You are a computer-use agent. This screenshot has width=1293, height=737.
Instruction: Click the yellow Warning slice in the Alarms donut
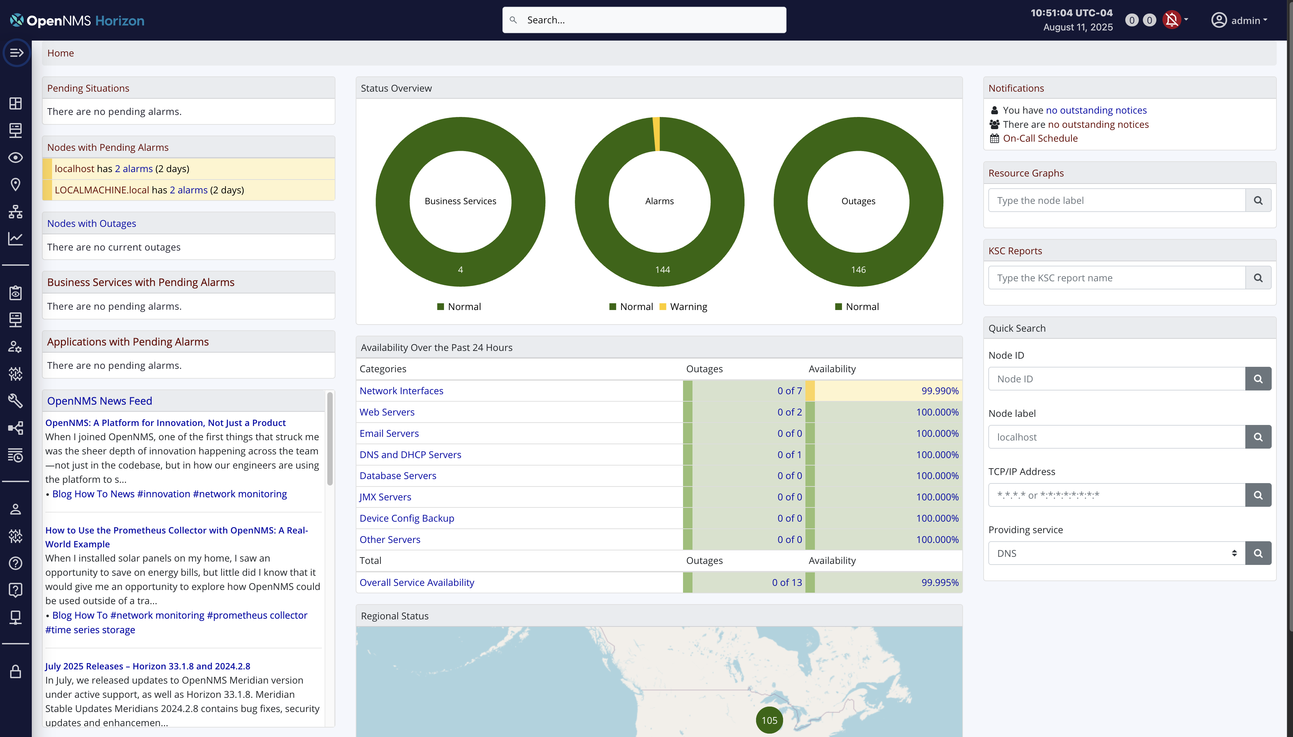click(657, 134)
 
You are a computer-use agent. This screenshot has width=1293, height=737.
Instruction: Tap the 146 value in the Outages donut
click(858, 270)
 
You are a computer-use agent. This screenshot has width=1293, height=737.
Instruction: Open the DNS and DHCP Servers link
click(410, 455)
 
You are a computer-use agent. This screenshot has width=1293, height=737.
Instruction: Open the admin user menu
click(1239, 20)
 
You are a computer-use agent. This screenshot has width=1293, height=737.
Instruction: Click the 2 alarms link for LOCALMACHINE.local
click(188, 190)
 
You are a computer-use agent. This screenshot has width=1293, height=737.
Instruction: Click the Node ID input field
click(1116, 379)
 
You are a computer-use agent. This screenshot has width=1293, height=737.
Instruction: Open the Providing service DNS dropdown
click(1116, 553)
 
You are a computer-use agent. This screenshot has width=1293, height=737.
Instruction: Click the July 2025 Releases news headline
click(147, 666)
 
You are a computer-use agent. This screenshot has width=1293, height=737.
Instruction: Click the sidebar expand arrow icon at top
click(17, 53)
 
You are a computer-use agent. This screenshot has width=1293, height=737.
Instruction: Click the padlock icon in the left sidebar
click(16, 672)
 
